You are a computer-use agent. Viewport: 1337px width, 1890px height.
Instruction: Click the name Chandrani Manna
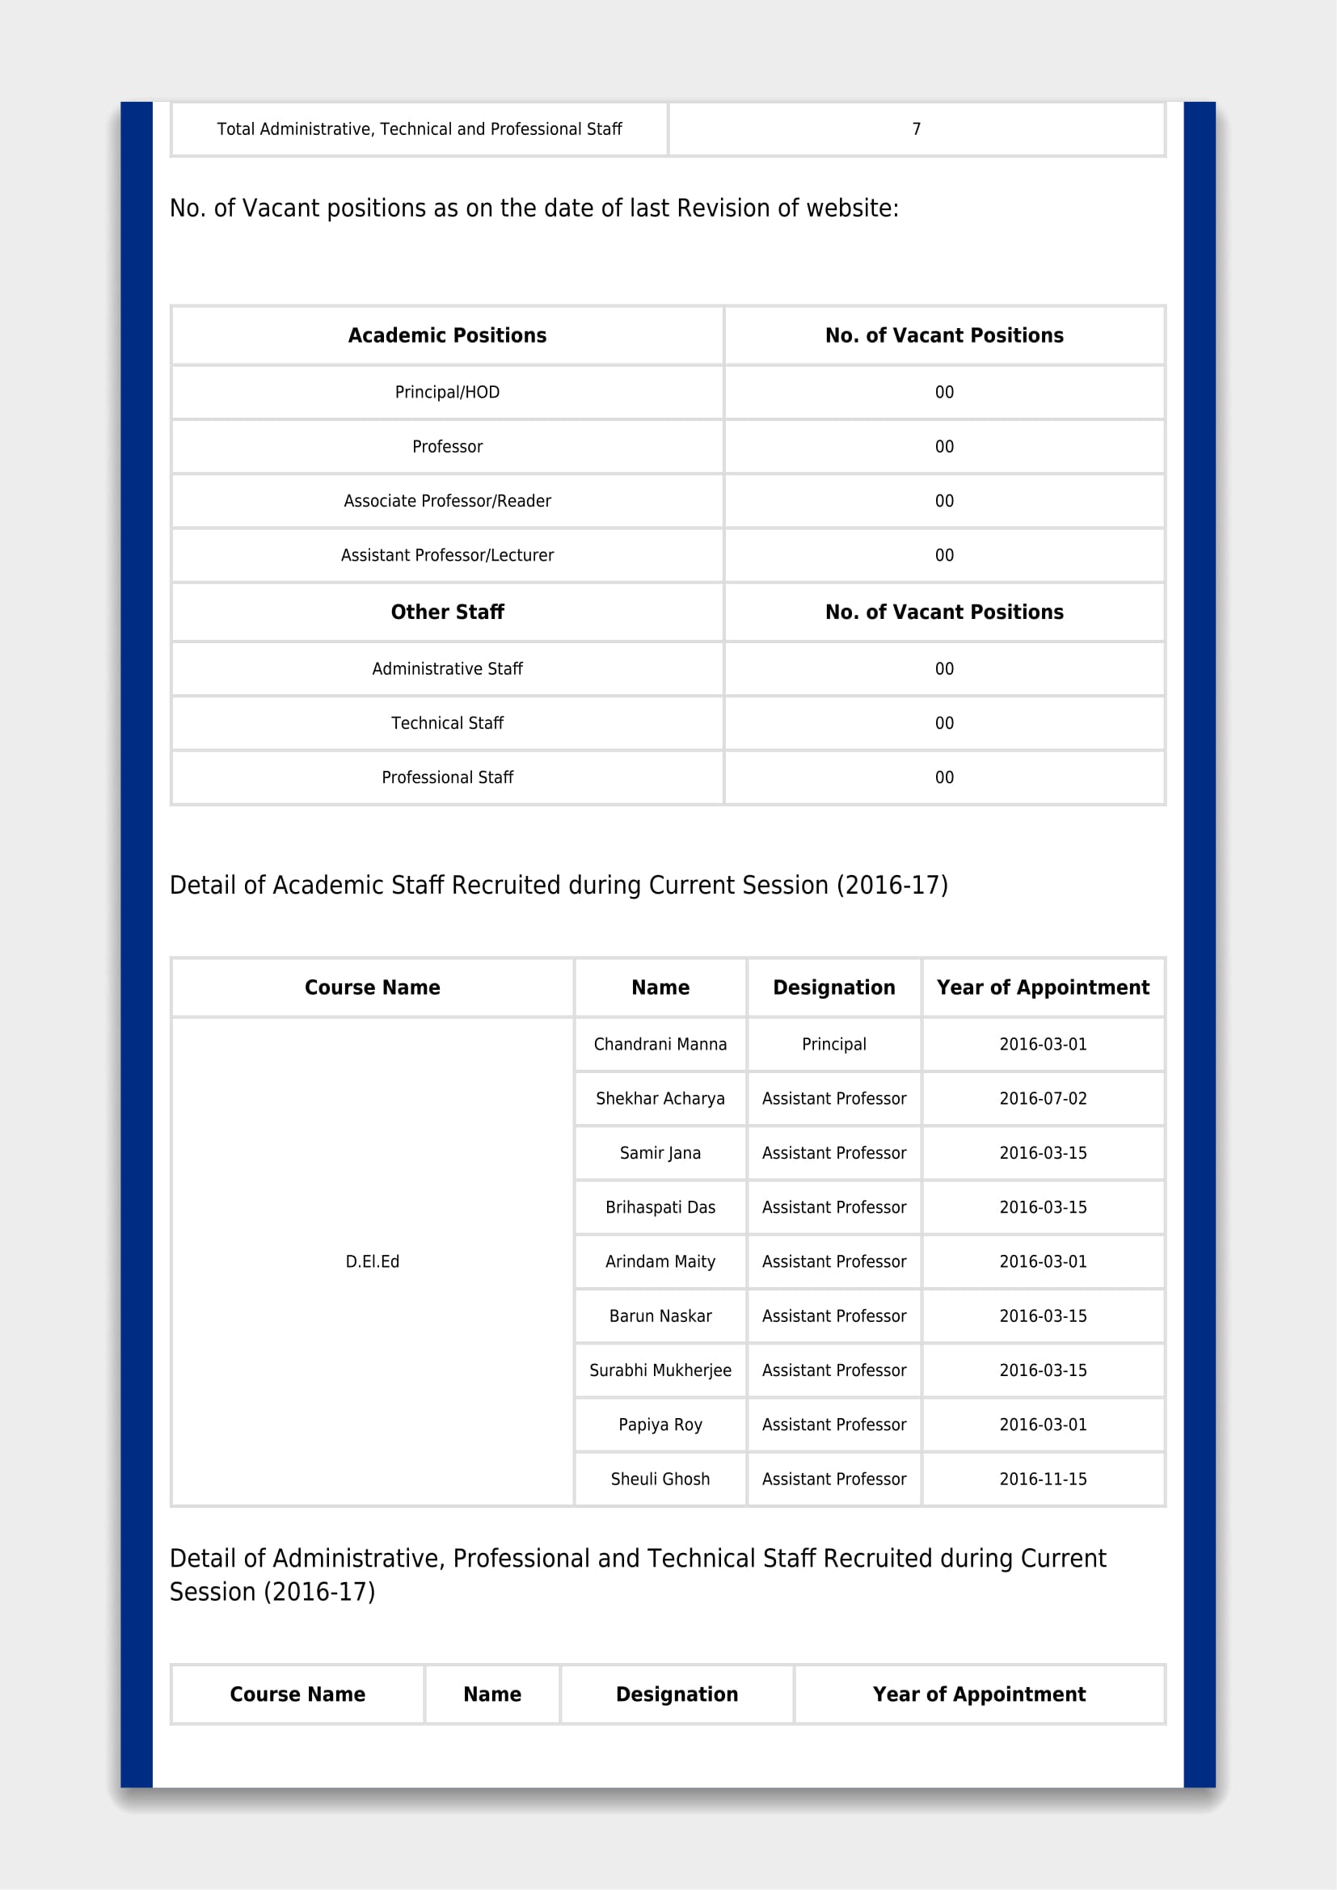pyautogui.click(x=660, y=1044)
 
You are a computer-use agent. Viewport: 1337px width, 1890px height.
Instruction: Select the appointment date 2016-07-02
pyautogui.click(x=1042, y=1098)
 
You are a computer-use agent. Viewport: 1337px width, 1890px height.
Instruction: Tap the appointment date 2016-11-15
pyautogui.click(x=1042, y=1479)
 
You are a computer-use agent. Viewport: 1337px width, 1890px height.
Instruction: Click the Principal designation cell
pyautogui.click(x=834, y=1044)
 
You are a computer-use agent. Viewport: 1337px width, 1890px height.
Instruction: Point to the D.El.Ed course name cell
pyautogui.click(x=372, y=1261)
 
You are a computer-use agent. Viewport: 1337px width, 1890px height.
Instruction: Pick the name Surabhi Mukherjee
pyautogui.click(x=660, y=1370)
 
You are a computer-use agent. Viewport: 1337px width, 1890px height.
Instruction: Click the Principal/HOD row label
pyautogui.click(x=447, y=392)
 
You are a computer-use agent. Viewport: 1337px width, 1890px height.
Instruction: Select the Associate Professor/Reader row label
pyautogui.click(x=447, y=500)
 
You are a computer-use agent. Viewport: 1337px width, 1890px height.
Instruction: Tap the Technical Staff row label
pyautogui.click(x=447, y=722)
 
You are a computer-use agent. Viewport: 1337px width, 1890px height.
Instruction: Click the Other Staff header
pyautogui.click(x=447, y=612)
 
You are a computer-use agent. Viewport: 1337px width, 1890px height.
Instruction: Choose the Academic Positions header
pyautogui.click(x=447, y=335)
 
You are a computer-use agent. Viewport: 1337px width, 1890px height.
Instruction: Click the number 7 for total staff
pyautogui.click(x=917, y=128)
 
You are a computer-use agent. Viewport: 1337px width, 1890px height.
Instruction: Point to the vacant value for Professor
pyautogui.click(x=944, y=446)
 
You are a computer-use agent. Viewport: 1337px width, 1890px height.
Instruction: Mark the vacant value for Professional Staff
pyautogui.click(x=944, y=777)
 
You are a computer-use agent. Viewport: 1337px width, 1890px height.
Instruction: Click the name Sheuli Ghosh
pyautogui.click(x=660, y=1479)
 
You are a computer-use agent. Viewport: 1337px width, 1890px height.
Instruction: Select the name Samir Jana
pyautogui.click(x=660, y=1152)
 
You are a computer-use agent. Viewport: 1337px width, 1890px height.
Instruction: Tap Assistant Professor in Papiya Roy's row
pyautogui.click(x=834, y=1424)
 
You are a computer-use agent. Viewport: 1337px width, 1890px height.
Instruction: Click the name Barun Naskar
pyautogui.click(x=660, y=1315)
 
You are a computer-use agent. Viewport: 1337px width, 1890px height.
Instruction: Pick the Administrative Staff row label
pyautogui.click(x=447, y=668)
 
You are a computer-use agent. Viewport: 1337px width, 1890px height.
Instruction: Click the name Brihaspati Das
pyautogui.click(x=660, y=1206)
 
